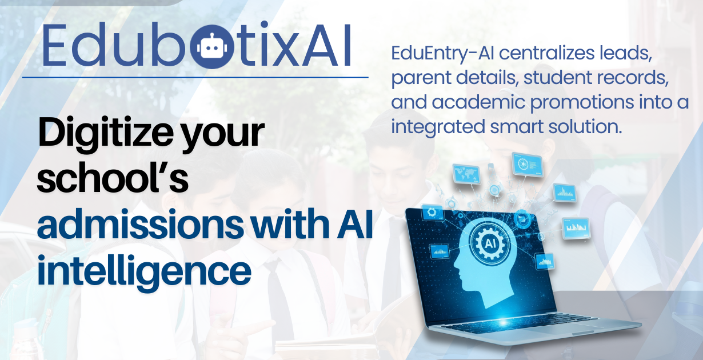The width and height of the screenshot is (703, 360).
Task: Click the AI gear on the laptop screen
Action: pos(490,243)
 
